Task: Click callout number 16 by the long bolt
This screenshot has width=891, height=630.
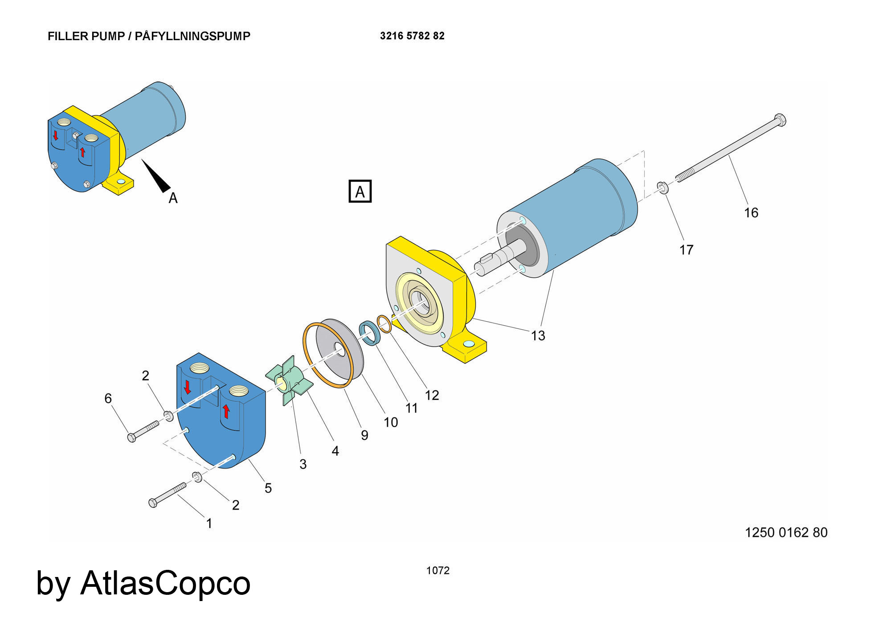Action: (751, 213)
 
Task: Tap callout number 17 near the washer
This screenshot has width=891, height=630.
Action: (686, 250)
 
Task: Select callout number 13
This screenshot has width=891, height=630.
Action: (538, 335)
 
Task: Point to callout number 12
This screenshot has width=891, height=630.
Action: (432, 395)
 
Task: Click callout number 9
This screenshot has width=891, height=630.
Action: (364, 435)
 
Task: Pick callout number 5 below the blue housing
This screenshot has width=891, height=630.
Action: (268, 488)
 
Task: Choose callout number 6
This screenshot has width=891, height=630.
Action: (108, 398)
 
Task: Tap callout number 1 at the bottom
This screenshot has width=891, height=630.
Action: (209, 524)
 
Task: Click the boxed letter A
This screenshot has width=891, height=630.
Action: (360, 192)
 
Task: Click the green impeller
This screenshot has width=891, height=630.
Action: (288, 381)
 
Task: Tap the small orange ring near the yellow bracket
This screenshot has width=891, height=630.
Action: (384, 323)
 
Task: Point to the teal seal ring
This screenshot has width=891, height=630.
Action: (369, 333)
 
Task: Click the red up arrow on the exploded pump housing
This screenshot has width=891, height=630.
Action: (226, 411)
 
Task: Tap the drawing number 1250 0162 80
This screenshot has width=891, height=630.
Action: (786, 532)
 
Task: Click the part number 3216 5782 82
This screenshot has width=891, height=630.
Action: (412, 36)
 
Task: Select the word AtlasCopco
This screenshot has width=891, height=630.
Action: (165, 583)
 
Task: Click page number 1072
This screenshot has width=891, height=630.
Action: (438, 571)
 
